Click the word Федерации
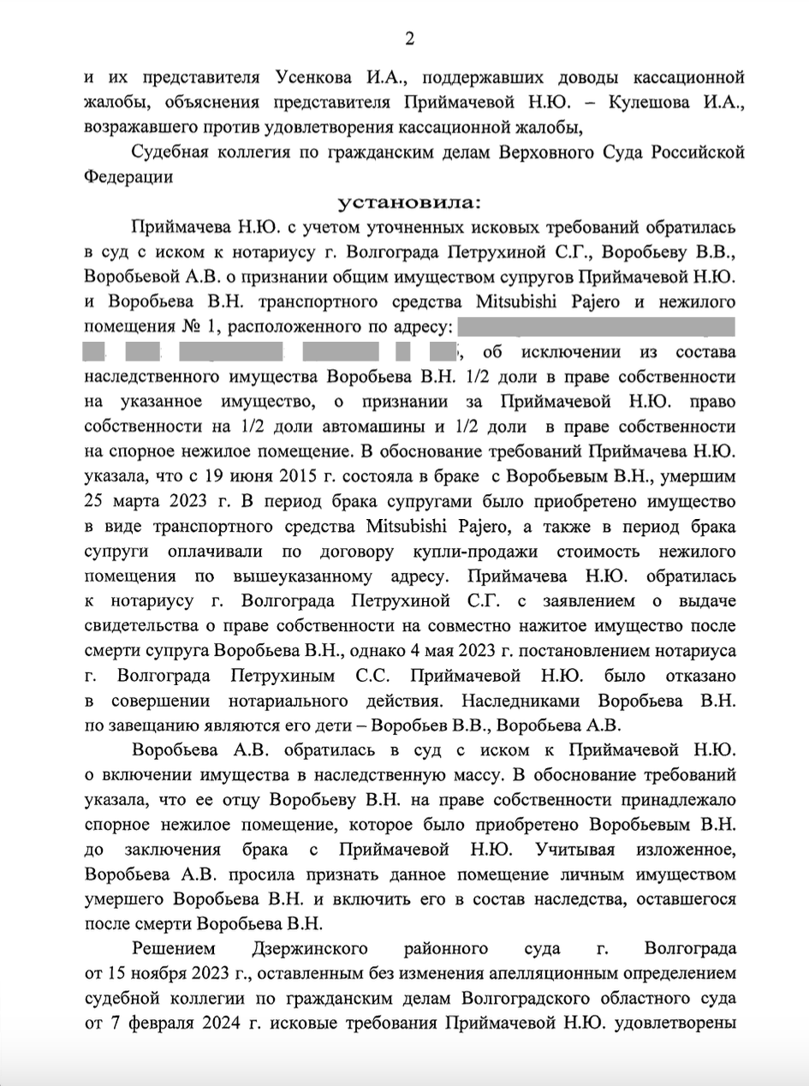pyautogui.click(x=128, y=177)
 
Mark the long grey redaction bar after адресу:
pyautogui.click(x=597, y=326)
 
